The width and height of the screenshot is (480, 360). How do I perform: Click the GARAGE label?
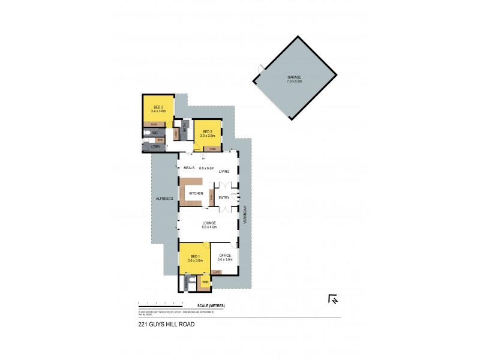click(x=294, y=77)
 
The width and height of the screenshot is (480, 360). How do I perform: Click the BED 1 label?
click(x=193, y=256)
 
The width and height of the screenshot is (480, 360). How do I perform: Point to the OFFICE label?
click(x=225, y=256)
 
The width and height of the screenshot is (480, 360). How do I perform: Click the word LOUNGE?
click(x=209, y=223)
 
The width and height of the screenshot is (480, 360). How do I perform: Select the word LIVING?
click(x=224, y=172)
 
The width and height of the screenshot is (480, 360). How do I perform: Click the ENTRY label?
click(x=224, y=197)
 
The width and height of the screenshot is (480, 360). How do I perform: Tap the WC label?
click(x=154, y=132)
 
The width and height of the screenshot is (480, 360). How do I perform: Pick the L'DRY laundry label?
click(x=155, y=146)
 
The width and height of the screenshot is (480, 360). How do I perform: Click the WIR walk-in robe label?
click(x=205, y=281)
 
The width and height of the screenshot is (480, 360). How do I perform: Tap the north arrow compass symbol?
click(x=333, y=299)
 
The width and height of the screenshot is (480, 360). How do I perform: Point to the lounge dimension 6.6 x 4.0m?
click(x=209, y=227)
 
